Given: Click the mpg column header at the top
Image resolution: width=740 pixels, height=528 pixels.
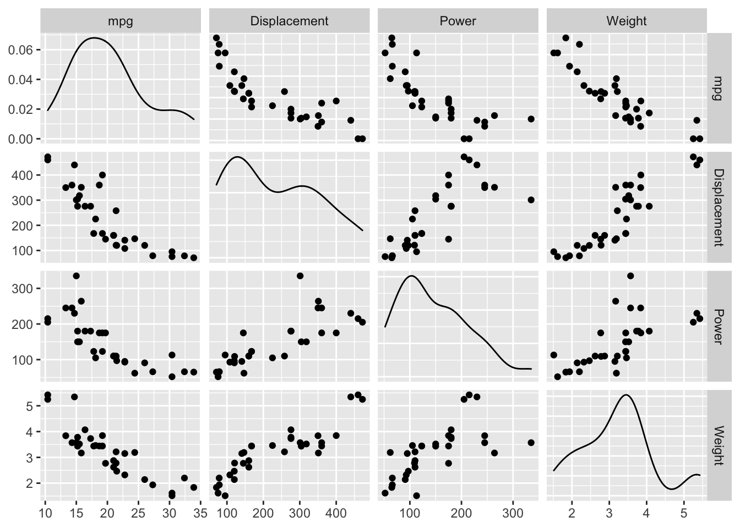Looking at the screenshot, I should [x=121, y=21].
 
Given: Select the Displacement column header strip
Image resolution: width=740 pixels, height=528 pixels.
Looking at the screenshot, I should [x=289, y=21].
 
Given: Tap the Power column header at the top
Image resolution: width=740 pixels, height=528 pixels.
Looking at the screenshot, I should [x=458, y=21].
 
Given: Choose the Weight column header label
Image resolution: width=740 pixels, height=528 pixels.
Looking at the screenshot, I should [x=626, y=21].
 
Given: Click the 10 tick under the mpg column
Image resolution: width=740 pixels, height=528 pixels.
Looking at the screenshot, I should [x=45, y=514].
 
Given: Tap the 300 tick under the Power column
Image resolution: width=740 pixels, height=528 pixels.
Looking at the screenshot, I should [x=513, y=514].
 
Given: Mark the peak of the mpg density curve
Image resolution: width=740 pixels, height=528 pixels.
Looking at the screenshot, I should [x=94, y=38].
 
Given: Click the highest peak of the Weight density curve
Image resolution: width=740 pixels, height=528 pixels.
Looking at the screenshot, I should [x=627, y=394].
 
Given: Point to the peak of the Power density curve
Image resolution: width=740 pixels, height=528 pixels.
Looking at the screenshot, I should [x=410, y=276].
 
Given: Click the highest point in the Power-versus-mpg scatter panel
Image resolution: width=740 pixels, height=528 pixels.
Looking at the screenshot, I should [x=76, y=276].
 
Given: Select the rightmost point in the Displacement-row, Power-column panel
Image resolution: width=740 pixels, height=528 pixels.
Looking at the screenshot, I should [x=531, y=200].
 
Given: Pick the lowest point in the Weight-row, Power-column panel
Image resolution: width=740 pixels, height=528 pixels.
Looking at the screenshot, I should [x=416, y=496].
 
